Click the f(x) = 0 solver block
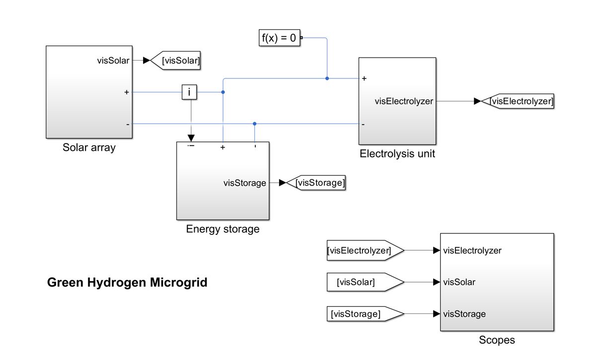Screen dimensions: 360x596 tap(280, 37)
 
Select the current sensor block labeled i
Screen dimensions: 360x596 tap(189, 92)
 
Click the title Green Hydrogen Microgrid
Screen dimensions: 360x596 tap(127, 283)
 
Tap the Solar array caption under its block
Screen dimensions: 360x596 tap(89, 147)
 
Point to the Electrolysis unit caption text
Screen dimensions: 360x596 tap(397, 153)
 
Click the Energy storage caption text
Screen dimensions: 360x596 tap(223, 229)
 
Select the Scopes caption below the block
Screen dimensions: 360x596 tap(497, 340)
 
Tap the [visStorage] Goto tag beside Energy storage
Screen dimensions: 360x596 tap(316, 183)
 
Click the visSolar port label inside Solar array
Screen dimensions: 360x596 tap(113, 61)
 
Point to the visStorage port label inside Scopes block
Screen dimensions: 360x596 tap(464, 314)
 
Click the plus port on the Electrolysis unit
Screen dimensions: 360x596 tap(364, 78)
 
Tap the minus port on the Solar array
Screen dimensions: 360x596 tap(127, 124)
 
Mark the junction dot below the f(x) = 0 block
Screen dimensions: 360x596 tap(327, 78)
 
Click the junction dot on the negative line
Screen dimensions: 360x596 tap(254, 124)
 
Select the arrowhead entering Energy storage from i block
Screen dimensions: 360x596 tap(191, 138)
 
